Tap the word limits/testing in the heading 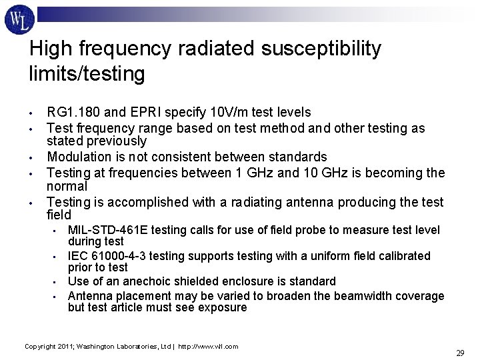(x=87, y=73)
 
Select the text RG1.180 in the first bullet (x=69, y=112)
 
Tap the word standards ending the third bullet (x=298, y=157)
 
